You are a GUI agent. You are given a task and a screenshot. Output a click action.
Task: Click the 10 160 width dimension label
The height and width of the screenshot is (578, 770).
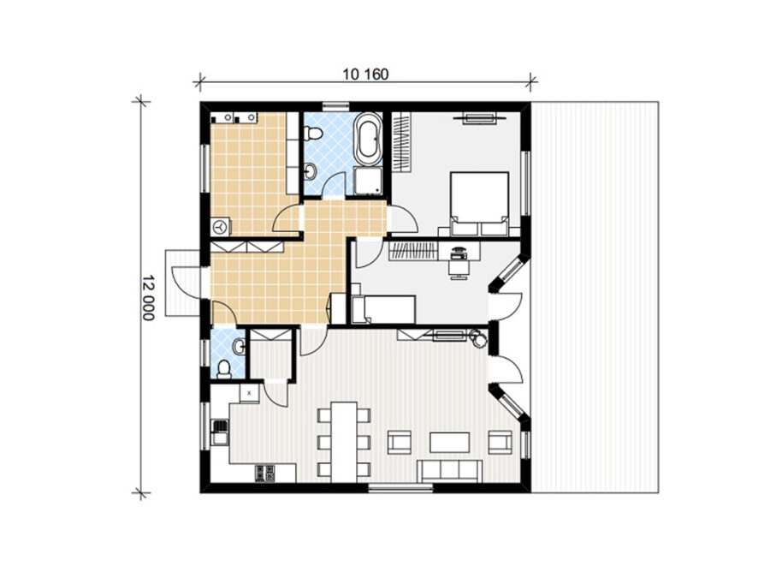[x=365, y=74]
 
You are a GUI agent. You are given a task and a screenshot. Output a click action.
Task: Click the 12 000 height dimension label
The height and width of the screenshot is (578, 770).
[x=148, y=297]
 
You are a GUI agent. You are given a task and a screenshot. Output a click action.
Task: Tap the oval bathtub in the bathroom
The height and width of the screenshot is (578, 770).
[x=368, y=140]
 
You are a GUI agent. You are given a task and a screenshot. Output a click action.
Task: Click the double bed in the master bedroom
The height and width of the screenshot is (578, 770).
[x=479, y=204]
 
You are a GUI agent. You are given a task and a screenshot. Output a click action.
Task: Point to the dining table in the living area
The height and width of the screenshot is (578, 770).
[x=344, y=443]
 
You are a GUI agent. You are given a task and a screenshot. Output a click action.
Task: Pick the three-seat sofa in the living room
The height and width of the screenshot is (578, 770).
[x=449, y=471]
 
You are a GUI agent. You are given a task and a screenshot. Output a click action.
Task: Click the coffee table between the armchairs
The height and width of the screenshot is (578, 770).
[x=449, y=442]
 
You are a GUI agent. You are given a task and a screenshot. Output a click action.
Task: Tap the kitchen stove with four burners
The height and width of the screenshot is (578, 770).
[x=265, y=473]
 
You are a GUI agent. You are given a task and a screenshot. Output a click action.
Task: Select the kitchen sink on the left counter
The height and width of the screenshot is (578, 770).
[x=220, y=432]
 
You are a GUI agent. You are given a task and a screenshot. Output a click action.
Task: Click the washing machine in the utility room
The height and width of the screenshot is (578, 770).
[x=221, y=227]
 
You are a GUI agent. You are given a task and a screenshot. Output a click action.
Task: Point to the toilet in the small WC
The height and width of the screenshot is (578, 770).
[x=224, y=368]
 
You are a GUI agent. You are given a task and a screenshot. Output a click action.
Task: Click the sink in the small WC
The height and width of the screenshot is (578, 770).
[x=240, y=347]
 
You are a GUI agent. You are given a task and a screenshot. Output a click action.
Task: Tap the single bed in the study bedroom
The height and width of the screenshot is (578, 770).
[x=383, y=310]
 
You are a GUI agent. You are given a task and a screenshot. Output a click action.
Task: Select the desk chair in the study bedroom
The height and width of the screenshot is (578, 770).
[x=459, y=268]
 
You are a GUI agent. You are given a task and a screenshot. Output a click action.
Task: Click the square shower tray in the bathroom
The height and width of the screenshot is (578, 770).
[x=368, y=182]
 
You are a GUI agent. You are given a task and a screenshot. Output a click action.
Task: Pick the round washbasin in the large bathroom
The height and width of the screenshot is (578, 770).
[x=310, y=171]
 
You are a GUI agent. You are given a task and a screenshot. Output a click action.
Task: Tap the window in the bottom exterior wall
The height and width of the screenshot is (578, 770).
[x=400, y=488]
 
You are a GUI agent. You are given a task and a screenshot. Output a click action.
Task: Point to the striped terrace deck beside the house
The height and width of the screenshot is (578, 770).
[x=595, y=297]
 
